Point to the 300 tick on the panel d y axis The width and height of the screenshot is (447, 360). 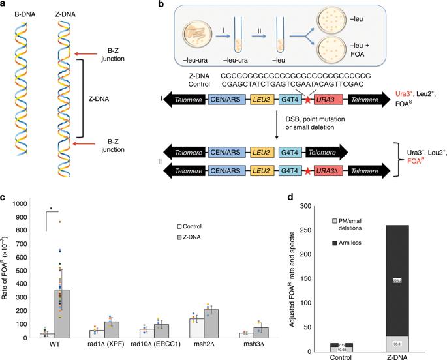pos(310,206)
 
